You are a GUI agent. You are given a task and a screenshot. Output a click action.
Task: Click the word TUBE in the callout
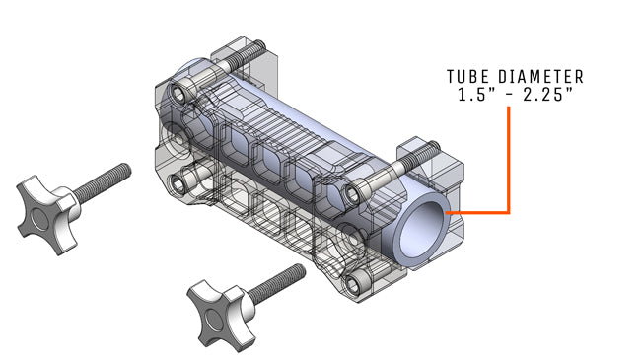pyautogui.click(x=467, y=77)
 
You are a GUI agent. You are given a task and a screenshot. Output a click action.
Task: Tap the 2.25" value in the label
pyautogui.click(x=546, y=96)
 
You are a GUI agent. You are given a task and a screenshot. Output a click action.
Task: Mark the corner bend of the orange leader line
pyautogui.click(x=508, y=212)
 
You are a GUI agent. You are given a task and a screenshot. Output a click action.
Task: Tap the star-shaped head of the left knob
pyautogui.click(x=43, y=208)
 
